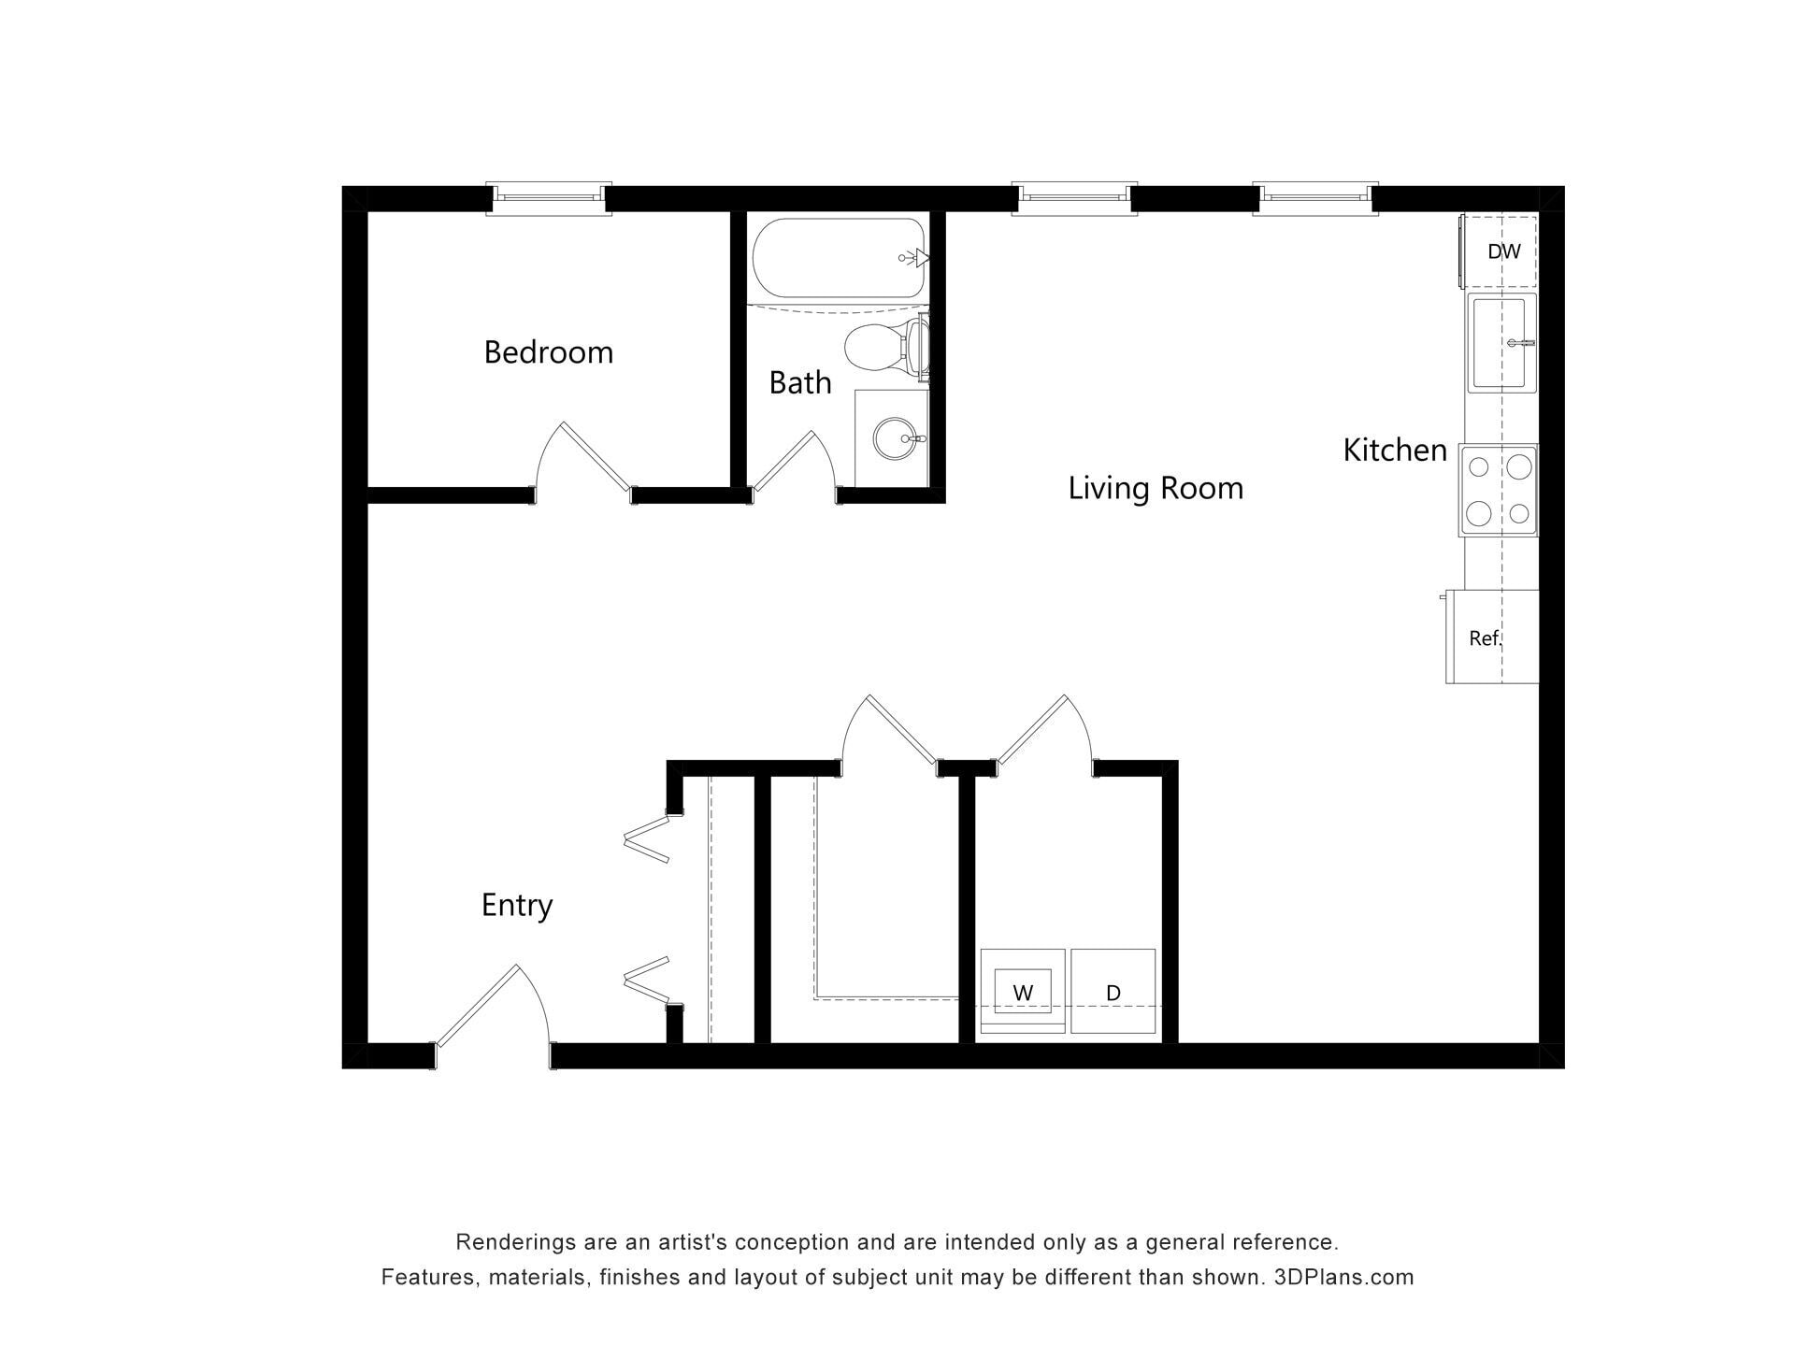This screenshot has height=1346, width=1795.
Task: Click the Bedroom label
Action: tap(549, 352)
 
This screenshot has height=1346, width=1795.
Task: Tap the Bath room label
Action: tap(800, 382)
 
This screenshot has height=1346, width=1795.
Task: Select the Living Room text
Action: tap(1156, 488)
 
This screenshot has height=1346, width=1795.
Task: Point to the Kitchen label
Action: tap(1395, 450)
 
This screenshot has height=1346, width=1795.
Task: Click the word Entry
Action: tap(517, 905)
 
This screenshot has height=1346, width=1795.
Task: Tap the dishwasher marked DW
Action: tap(1501, 251)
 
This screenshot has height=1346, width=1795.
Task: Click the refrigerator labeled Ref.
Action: tap(1492, 637)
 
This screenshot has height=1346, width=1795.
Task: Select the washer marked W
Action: tap(1022, 992)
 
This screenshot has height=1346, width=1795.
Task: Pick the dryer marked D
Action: tap(1113, 992)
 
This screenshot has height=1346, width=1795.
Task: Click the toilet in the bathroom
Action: tap(886, 347)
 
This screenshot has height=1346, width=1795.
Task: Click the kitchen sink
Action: tap(1502, 342)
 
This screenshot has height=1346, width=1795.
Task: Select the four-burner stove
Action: tap(1499, 490)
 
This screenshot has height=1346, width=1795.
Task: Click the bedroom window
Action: tap(549, 198)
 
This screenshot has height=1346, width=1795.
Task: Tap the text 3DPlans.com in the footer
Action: tap(1343, 1277)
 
